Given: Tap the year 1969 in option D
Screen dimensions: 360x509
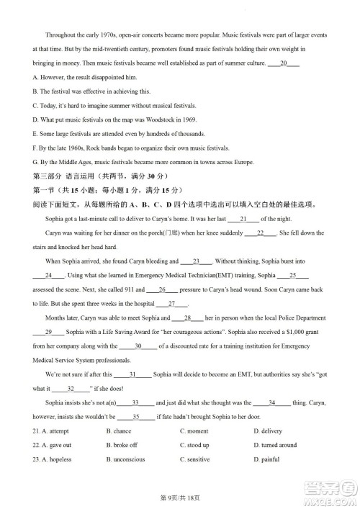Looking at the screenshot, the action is coord(186,119).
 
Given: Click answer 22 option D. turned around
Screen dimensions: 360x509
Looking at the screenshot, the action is coord(275,445).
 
